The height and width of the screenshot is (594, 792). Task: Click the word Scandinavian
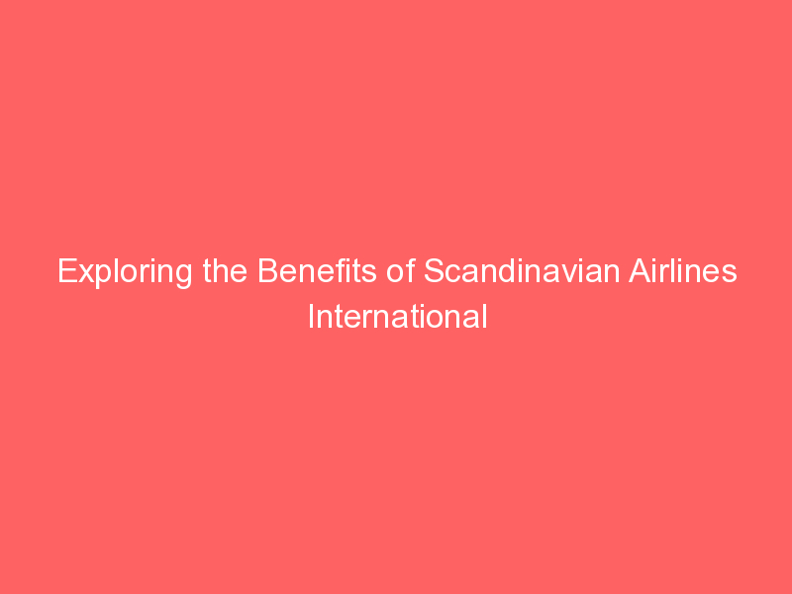[521, 272]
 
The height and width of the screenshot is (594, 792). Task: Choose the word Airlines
[682, 272]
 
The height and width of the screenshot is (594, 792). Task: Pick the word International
[397, 317]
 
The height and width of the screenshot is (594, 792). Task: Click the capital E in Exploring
[66, 272]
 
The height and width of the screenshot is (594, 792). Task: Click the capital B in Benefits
[266, 272]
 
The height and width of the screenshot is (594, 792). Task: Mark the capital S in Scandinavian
[434, 272]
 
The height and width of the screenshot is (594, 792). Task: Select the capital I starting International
[310, 317]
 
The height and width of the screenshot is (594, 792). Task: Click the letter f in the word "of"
[408, 272]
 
